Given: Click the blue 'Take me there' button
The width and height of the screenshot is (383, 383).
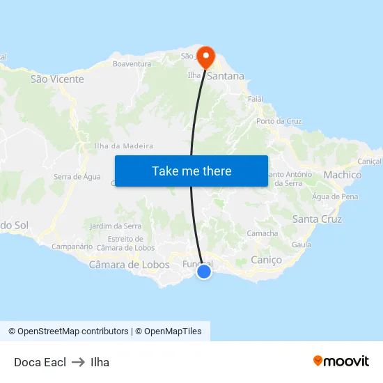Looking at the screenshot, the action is click(191, 171).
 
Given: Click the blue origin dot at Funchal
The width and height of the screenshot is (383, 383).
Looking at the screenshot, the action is click(204, 272).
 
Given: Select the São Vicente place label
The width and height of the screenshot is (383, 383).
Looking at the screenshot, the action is click(57, 79).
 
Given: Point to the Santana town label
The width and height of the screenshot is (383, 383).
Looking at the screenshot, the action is click(226, 76).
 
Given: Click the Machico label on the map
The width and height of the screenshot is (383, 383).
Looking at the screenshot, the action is click(343, 175).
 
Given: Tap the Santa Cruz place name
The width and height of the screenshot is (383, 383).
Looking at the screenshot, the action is click(317, 219).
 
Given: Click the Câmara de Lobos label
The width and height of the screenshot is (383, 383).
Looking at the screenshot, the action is click(129, 265).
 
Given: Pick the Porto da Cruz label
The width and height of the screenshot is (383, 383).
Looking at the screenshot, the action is click(279, 121).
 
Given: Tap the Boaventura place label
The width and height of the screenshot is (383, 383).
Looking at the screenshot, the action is click(132, 64).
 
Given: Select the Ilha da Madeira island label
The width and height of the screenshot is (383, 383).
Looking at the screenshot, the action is click(123, 146).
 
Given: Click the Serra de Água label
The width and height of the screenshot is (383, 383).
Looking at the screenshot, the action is click(77, 177).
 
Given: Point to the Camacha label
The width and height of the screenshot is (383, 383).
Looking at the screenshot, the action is click(263, 233).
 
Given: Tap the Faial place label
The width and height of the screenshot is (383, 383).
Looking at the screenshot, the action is click(256, 99).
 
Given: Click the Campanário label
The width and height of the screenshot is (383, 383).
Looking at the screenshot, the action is click(72, 247).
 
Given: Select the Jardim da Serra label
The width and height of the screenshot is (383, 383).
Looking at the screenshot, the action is click(116, 226).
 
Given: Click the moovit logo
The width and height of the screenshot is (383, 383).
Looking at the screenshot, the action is click(341, 361).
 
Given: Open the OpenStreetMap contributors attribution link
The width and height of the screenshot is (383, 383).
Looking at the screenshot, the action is click(68, 331).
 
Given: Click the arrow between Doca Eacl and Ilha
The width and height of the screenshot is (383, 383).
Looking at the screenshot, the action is click(78, 362).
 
